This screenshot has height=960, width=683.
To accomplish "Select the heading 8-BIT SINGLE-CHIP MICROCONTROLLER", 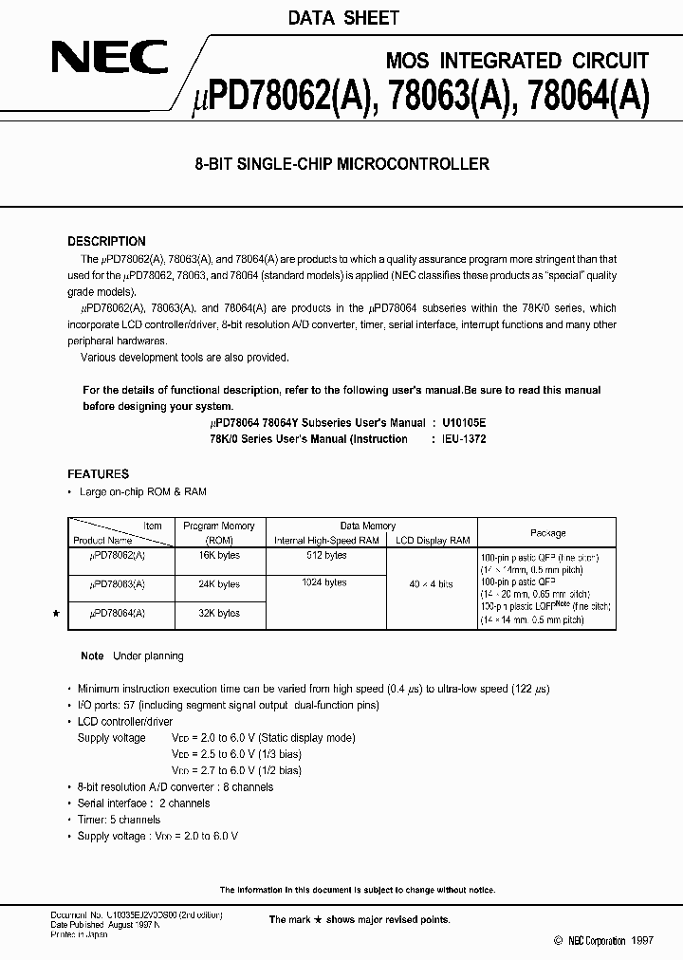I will pyautogui.click(x=341, y=164).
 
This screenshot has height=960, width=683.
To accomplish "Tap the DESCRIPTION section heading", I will pyautogui.click(x=106, y=242).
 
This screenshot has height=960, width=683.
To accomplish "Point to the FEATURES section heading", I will pyautogui.click(x=98, y=474).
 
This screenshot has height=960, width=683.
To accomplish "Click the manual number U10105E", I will pyautogui.click(x=464, y=422).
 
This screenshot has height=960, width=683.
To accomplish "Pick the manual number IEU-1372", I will pyautogui.click(x=464, y=439).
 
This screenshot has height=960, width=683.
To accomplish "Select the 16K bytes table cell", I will pyautogui.click(x=219, y=556).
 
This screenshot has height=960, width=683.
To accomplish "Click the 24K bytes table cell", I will pyautogui.click(x=219, y=585).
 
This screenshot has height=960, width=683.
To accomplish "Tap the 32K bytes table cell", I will pyautogui.click(x=219, y=614).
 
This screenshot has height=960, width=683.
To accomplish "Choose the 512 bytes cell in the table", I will pyautogui.click(x=326, y=555).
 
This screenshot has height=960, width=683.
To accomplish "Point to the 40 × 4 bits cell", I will pyautogui.click(x=432, y=585).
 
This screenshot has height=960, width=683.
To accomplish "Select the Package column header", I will pyautogui.click(x=547, y=533).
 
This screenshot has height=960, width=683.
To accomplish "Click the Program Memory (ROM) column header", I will pyautogui.click(x=219, y=532).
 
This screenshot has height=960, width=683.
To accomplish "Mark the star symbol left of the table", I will pyautogui.click(x=54, y=615).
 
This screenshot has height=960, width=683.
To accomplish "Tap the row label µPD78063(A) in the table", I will pyautogui.click(x=119, y=585).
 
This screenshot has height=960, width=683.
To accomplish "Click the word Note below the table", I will pyautogui.click(x=92, y=656).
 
